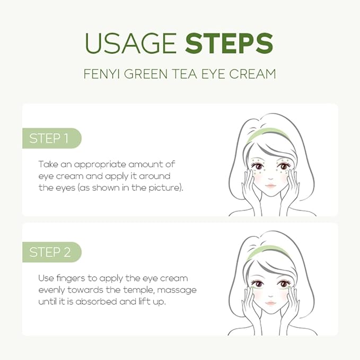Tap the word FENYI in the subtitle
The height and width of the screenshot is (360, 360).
pyautogui.click(x=102, y=74)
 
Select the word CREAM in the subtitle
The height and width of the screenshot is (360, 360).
pyautogui.click(x=252, y=74)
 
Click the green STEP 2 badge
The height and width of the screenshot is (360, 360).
pyautogui.click(x=50, y=252)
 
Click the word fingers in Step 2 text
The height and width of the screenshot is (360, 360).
pyautogui.click(x=70, y=278)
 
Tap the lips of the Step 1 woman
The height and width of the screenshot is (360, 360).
pyautogui.click(x=270, y=186)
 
